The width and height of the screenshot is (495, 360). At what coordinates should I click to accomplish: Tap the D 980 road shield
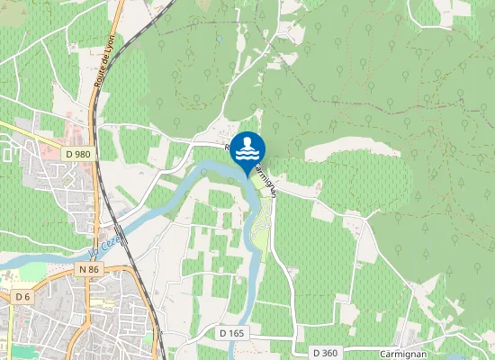click(x=77, y=155)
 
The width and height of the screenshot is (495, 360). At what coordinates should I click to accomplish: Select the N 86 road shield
click(x=88, y=269)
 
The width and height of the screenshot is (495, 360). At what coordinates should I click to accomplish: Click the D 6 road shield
click(x=23, y=296)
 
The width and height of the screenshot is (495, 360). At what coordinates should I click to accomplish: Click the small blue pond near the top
click(x=220, y=39)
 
